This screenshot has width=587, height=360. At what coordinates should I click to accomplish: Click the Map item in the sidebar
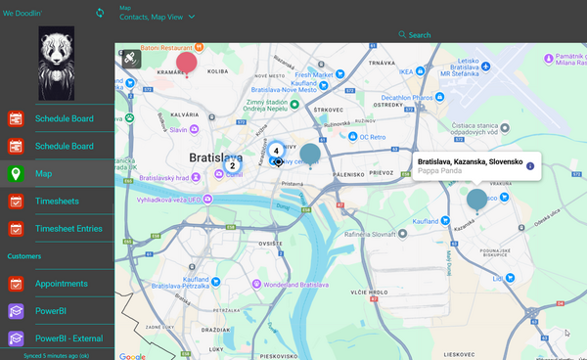click(x=44, y=173)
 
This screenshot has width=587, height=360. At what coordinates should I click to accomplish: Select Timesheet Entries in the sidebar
click(x=68, y=229)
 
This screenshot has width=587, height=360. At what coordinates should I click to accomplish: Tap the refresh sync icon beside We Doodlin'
click(x=99, y=13)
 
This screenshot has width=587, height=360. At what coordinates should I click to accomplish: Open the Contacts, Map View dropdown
click(x=158, y=17)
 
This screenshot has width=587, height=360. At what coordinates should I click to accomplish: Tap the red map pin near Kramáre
click(x=186, y=64)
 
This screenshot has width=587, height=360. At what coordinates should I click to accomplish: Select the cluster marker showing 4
click(x=277, y=151)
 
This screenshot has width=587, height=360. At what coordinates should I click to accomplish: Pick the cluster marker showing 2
click(x=232, y=165)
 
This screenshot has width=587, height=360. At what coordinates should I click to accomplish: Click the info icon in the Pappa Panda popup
click(x=530, y=165)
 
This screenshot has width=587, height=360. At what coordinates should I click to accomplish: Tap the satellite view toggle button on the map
click(x=130, y=59)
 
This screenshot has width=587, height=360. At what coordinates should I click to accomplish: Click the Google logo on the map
click(x=132, y=355)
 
